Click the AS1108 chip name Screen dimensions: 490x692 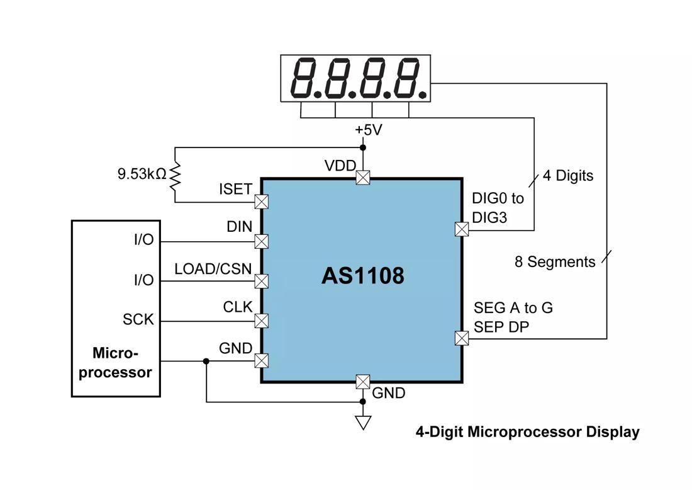(362, 276)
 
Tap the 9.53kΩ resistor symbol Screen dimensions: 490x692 (175, 174)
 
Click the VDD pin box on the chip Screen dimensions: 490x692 (363, 178)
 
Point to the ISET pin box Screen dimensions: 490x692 (261, 202)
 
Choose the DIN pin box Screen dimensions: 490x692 (261, 241)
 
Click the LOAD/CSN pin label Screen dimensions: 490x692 (213, 269)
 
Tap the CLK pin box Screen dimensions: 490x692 (261, 321)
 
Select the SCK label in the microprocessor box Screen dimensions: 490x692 (138, 320)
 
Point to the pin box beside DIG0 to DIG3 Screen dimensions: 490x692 (461, 229)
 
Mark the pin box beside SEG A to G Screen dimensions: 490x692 (461, 338)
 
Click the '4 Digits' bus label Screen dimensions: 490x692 (567, 176)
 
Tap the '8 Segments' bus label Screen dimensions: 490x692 (554, 262)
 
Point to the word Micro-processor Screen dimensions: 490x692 (115, 362)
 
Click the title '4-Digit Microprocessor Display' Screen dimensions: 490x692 (527, 432)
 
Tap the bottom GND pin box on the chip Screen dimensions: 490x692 (363, 382)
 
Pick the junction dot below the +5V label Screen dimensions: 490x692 (362, 147)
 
